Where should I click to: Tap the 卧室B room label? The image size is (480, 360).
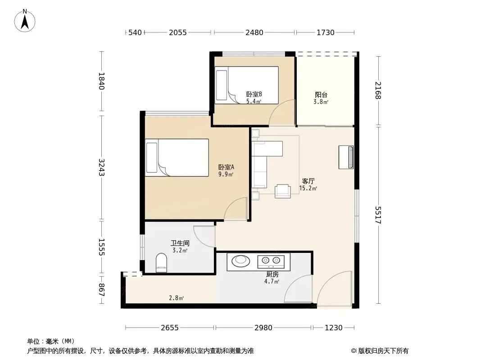(254, 94)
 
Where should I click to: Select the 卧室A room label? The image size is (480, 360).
(226, 167)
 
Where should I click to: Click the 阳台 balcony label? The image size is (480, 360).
(321, 95)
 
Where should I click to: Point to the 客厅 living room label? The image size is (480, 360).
(308, 181)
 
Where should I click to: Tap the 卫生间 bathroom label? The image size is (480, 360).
(180, 243)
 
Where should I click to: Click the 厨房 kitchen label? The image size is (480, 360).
(272, 274)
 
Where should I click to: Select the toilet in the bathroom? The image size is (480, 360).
(161, 263)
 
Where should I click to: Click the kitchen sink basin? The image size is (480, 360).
(241, 261)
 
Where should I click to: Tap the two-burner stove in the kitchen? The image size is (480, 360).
(271, 261)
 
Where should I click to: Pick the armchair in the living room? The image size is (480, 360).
(282, 191)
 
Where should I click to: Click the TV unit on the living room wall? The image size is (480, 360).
(346, 157)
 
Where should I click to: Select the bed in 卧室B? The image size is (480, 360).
(246, 85)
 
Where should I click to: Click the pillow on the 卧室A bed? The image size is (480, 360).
(152, 157)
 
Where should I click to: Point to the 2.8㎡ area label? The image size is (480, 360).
(177, 297)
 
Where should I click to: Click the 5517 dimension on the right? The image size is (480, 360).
(378, 215)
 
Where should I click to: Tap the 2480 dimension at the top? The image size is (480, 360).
(254, 32)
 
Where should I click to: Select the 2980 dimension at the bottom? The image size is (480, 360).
(263, 328)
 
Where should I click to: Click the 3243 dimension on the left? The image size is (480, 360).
(101, 167)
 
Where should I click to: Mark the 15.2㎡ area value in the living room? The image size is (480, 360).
(308, 189)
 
